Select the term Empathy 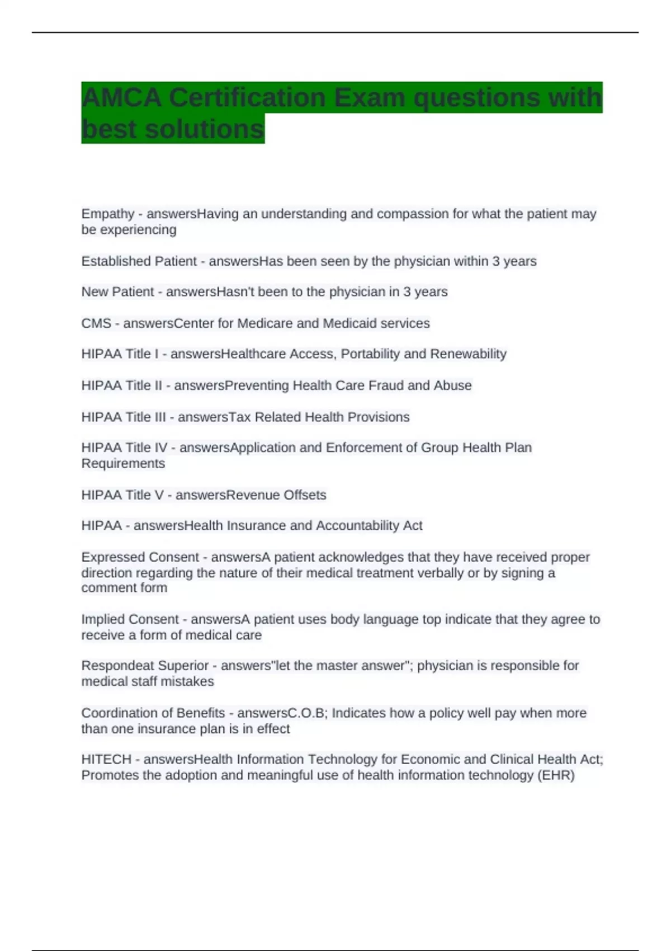point(108,214)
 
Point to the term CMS point(96,323)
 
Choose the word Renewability point(468,354)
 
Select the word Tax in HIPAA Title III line point(240,417)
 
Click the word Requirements point(123,464)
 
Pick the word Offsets point(305,495)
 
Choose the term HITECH point(106,760)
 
